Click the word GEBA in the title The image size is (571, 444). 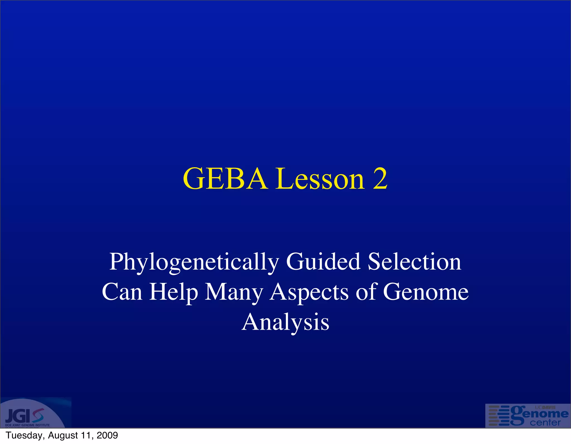click(x=225, y=179)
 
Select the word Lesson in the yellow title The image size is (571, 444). click(x=320, y=179)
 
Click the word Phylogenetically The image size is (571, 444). click(x=194, y=262)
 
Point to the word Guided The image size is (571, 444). click(x=323, y=262)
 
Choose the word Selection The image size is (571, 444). click(x=414, y=262)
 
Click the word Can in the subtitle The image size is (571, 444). click(x=122, y=292)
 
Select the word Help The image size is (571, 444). click(x=173, y=292)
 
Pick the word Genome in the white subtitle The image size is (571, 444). click(x=425, y=292)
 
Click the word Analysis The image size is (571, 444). click(x=285, y=322)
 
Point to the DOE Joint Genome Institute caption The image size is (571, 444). click(x=27, y=425)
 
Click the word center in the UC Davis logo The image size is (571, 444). click(x=545, y=423)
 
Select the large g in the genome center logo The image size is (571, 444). click(x=518, y=415)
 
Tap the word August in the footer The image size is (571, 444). click(x=63, y=435)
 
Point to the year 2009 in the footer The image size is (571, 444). click(x=107, y=435)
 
